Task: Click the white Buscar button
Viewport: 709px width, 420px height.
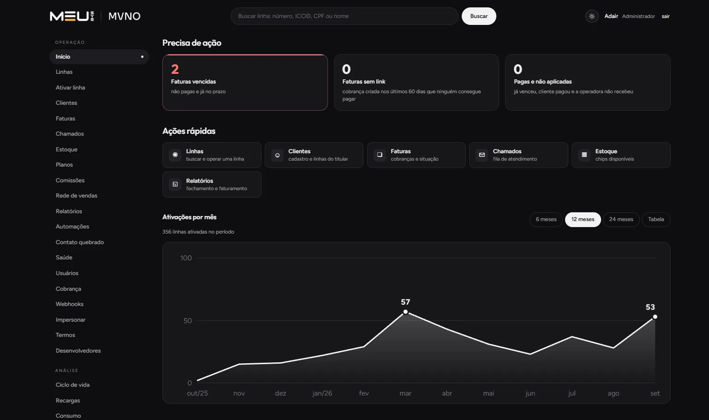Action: coord(478,16)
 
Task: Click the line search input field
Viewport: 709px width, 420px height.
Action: coord(345,16)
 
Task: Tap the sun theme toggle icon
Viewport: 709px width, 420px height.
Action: coord(591,16)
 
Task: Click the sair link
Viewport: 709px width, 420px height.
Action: coord(665,16)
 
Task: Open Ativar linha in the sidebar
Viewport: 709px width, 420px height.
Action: coord(70,87)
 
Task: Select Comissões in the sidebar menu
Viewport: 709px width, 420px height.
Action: coord(70,180)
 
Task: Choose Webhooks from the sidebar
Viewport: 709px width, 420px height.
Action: coord(69,304)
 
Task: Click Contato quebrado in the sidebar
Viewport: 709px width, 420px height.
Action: coord(80,242)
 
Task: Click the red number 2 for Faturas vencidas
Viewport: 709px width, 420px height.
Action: coord(175,69)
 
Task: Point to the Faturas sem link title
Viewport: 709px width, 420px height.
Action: coord(363,81)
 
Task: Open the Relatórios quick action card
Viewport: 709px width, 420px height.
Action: coord(212,184)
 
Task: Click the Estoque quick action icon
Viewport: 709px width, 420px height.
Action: coord(584,155)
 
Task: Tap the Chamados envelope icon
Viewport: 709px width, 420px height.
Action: coord(482,155)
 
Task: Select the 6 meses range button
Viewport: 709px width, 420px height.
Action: coord(546,220)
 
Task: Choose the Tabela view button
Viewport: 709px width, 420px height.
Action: coord(656,220)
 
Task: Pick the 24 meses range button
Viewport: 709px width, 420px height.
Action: coord(621,220)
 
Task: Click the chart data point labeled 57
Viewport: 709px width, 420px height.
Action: coord(405,312)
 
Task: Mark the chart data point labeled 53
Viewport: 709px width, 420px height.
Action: coord(655,317)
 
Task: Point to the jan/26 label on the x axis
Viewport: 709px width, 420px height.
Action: coord(322,393)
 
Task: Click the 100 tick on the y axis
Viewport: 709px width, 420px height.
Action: coord(186,258)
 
